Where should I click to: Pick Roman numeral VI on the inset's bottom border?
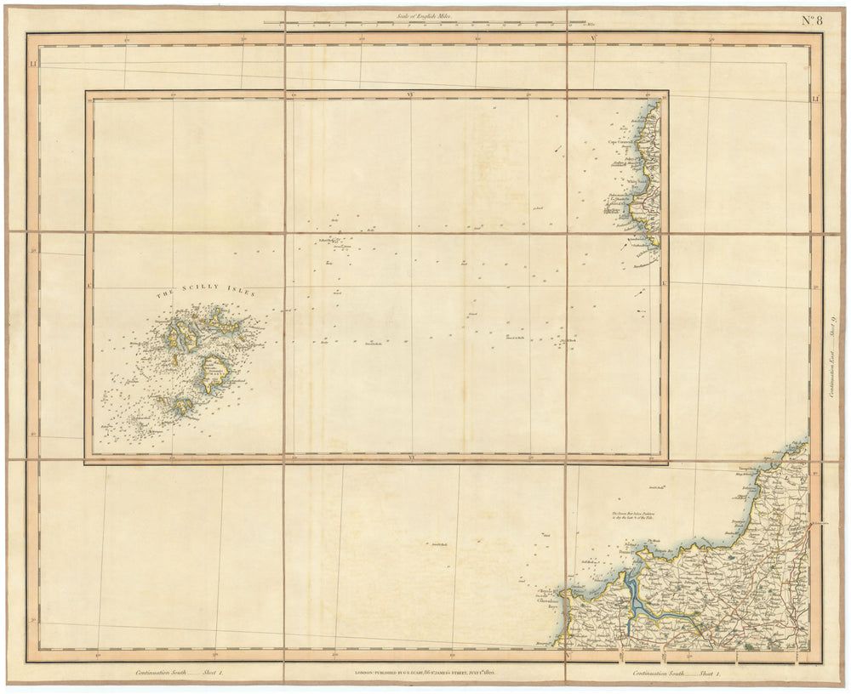click(412, 458)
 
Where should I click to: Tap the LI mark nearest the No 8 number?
click(815, 100)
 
